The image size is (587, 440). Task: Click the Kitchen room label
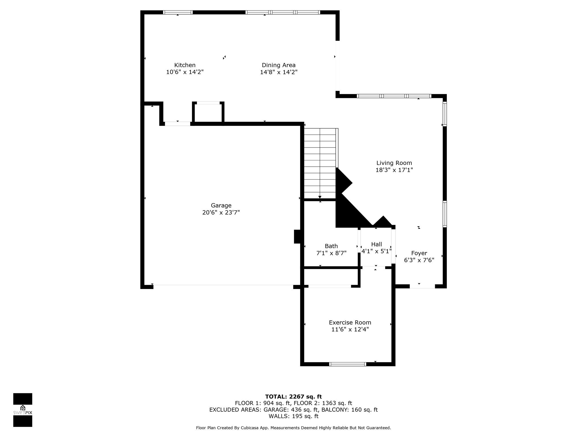[x=185, y=65]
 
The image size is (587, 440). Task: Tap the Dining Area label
[x=279, y=65]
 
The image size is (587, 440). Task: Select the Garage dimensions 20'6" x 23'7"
[x=221, y=213]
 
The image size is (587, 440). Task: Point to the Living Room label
[x=394, y=163]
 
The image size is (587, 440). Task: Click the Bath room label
[x=331, y=246]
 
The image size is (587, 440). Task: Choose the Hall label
[x=377, y=244]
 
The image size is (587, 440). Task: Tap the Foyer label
[x=419, y=253]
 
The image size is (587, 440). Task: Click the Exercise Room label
[x=350, y=323]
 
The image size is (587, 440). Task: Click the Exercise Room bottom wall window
[x=347, y=364]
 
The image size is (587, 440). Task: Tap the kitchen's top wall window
[x=178, y=12]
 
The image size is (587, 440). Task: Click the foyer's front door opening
[x=422, y=286]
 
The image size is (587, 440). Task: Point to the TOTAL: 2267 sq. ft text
[x=293, y=397]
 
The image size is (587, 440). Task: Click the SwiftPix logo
[x=23, y=410]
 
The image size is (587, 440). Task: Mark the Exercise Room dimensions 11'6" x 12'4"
[x=350, y=329]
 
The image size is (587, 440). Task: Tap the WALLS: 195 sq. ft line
[x=293, y=416]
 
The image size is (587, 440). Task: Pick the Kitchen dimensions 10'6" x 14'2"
[x=185, y=72]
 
